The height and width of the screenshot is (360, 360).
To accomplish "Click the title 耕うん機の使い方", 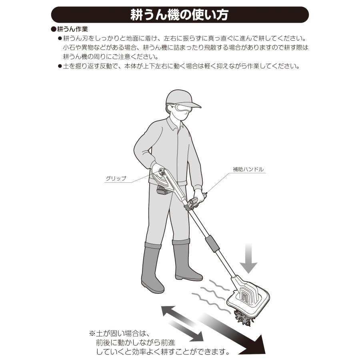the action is (179, 15).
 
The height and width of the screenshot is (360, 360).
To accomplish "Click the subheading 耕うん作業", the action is (72, 29).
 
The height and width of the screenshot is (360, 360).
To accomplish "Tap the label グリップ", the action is (116, 178).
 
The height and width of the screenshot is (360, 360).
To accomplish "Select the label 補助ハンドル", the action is (248, 170).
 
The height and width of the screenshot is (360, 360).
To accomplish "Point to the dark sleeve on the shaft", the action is (212, 244).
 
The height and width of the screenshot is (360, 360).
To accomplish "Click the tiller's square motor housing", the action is (248, 296).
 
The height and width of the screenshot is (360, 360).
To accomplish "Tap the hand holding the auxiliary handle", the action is (199, 196).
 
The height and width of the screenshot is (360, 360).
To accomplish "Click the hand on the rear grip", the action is (158, 170).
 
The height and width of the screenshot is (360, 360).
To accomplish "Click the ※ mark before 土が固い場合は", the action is (92, 333).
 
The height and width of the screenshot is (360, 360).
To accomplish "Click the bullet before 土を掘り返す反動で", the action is (60, 66).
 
